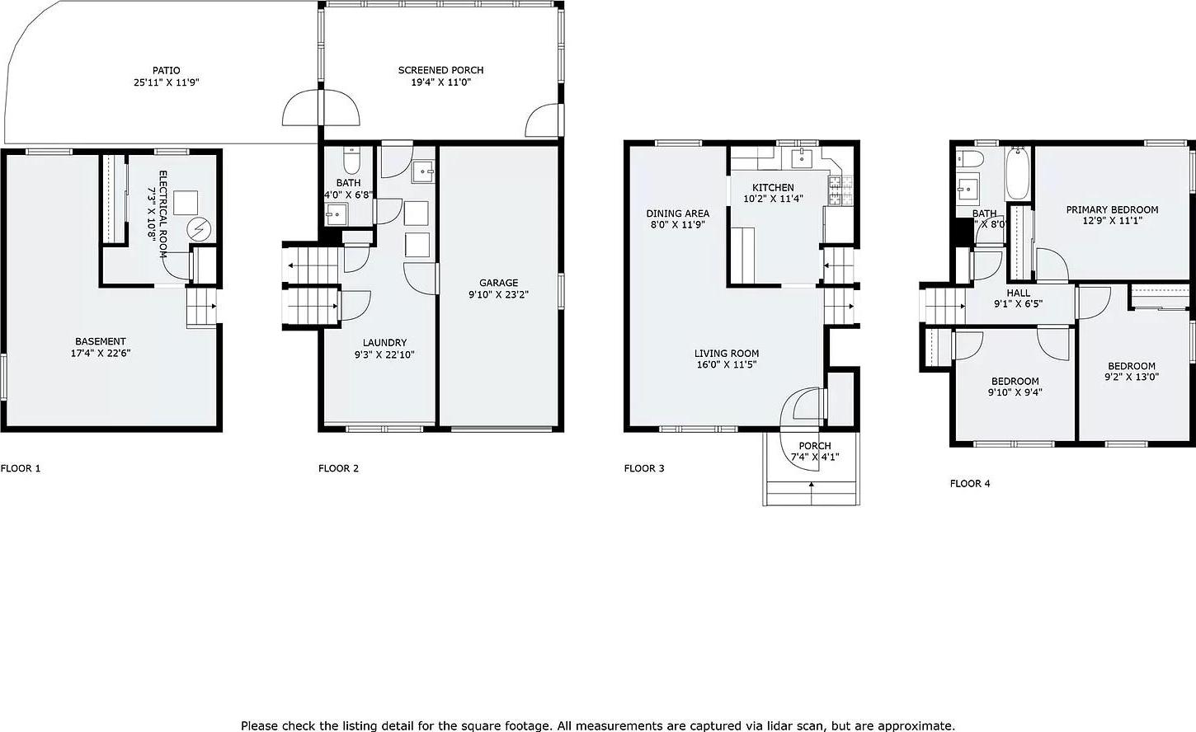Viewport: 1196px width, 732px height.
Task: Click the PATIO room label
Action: (166, 71)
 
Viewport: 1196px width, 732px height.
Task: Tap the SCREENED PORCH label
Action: (440, 71)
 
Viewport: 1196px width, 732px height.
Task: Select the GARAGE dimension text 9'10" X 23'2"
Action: (499, 294)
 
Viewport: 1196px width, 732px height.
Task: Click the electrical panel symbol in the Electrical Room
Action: (199, 229)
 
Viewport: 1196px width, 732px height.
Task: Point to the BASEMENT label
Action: (101, 341)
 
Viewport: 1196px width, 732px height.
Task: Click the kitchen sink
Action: (801, 158)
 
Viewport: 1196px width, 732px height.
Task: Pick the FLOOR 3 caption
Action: (644, 468)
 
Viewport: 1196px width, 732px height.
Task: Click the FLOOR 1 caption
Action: (21, 468)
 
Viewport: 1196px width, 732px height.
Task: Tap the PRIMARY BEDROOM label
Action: (1112, 209)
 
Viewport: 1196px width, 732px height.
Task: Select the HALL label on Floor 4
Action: (1018, 293)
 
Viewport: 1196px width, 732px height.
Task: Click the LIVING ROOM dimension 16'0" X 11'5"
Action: (726, 364)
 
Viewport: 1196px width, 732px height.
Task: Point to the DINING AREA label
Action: (677, 213)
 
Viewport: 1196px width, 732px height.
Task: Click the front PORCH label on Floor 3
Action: (814, 446)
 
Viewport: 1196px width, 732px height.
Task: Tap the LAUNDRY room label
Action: (384, 343)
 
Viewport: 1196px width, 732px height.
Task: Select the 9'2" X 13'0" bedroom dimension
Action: (1131, 378)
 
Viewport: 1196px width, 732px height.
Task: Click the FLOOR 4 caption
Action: (970, 483)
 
